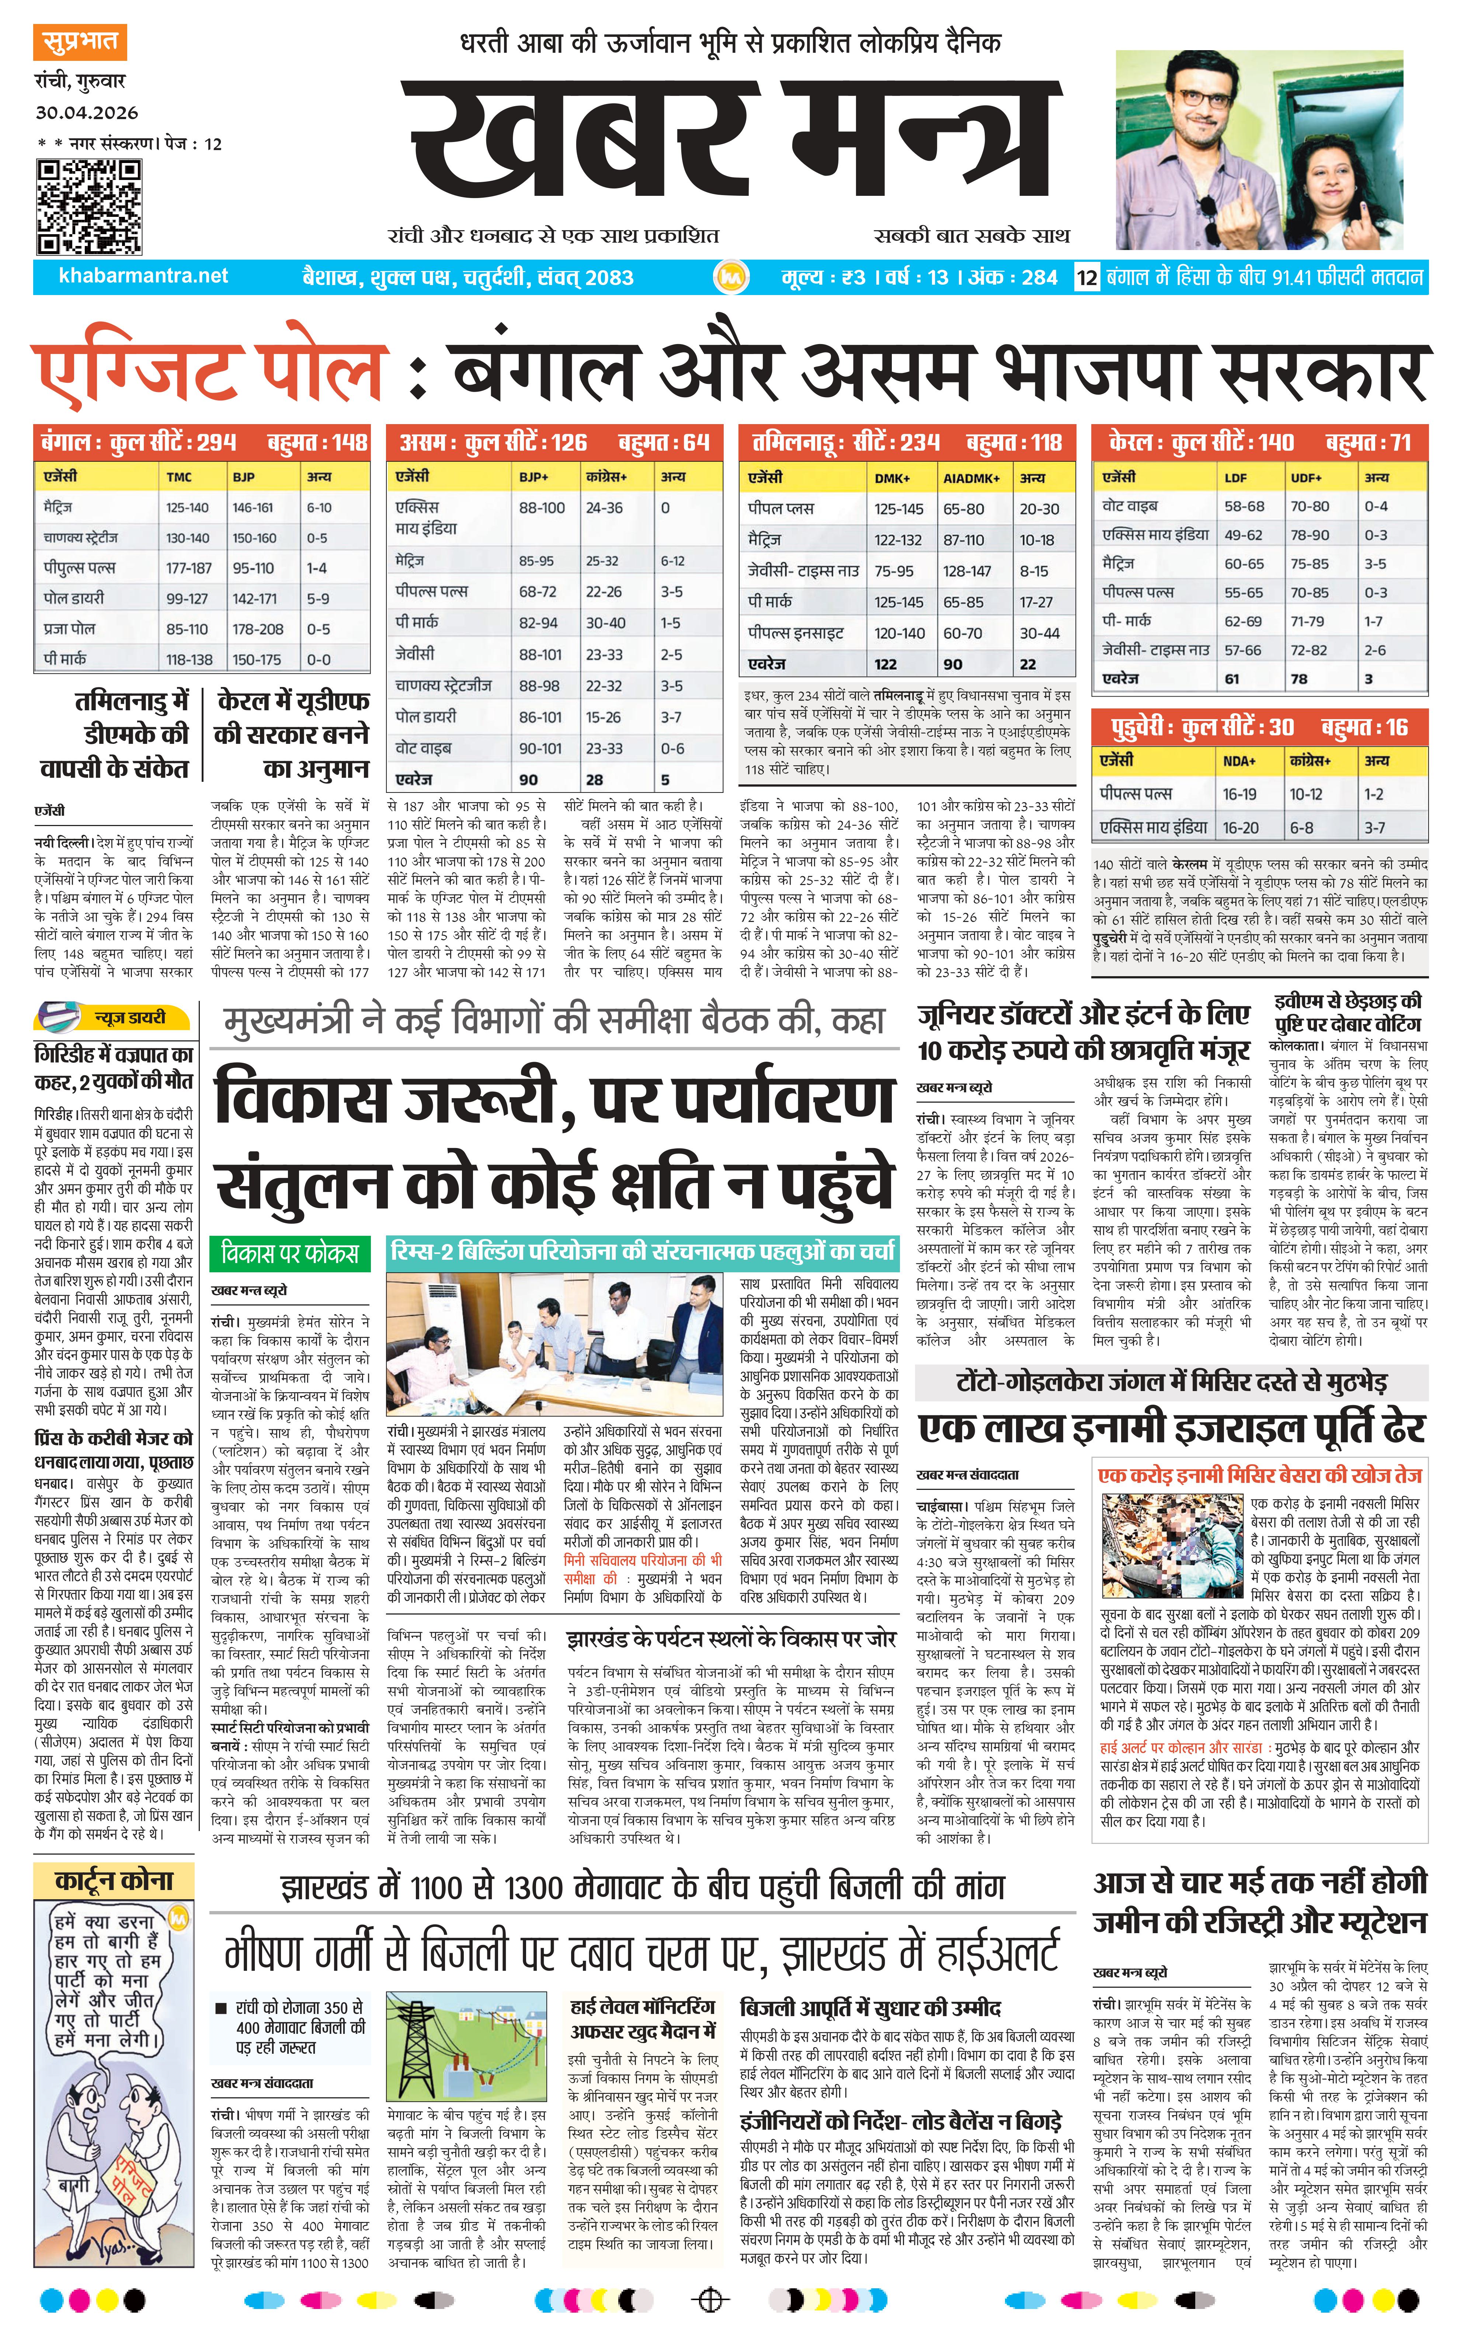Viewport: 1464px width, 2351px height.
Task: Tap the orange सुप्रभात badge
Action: click(x=80, y=42)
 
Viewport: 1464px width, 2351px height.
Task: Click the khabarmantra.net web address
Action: click(x=143, y=276)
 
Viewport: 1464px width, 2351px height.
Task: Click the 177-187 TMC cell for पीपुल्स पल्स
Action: click(x=189, y=568)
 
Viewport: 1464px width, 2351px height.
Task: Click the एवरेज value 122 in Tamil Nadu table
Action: click(x=885, y=664)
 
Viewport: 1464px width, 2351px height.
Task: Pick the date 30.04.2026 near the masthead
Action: click(x=87, y=112)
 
